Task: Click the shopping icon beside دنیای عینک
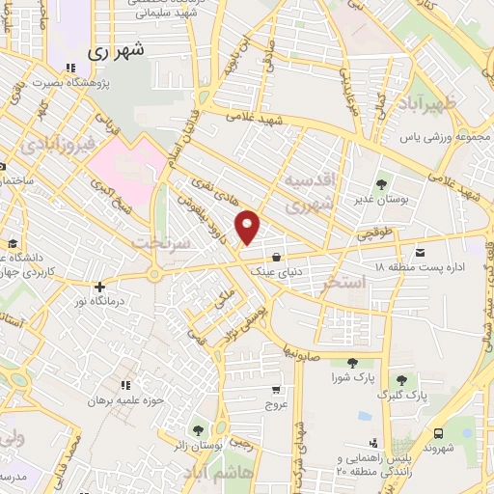click(x=278, y=257)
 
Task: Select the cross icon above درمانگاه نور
click(x=99, y=286)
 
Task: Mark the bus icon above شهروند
click(x=439, y=434)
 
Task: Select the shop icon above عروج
click(x=277, y=390)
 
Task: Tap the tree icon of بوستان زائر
click(x=198, y=430)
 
